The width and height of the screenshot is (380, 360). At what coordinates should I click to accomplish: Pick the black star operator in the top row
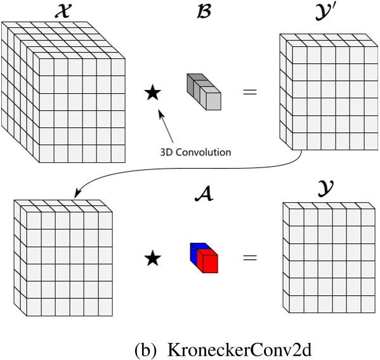152,93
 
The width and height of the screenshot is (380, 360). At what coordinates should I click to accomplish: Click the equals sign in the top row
251,93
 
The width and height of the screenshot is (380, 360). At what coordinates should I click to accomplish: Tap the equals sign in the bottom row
251,258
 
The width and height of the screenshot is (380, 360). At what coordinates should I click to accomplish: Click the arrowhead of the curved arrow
77,194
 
